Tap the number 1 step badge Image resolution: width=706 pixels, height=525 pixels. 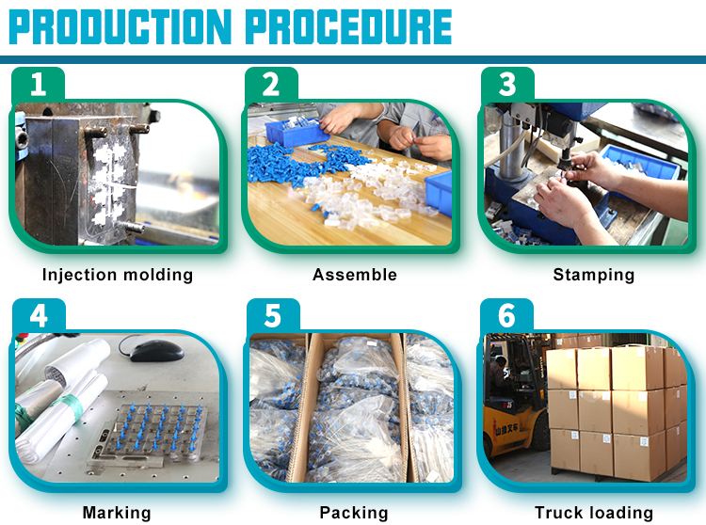point(38,84)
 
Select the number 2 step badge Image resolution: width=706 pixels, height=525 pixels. point(271,84)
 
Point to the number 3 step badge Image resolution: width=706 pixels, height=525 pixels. point(507,84)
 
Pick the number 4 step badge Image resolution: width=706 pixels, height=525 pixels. point(39,315)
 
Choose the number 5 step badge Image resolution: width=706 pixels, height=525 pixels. point(273,315)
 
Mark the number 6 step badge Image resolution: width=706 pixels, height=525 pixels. point(506,315)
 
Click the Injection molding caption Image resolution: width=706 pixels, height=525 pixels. point(118,275)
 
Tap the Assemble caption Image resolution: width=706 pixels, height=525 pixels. point(355,275)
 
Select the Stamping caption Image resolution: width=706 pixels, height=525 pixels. point(594,275)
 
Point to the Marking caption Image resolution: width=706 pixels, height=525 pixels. point(117,513)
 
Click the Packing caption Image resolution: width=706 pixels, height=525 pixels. point(354,513)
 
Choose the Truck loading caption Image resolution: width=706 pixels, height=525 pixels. point(594,513)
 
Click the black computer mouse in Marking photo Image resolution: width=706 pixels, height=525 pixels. point(156,350)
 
